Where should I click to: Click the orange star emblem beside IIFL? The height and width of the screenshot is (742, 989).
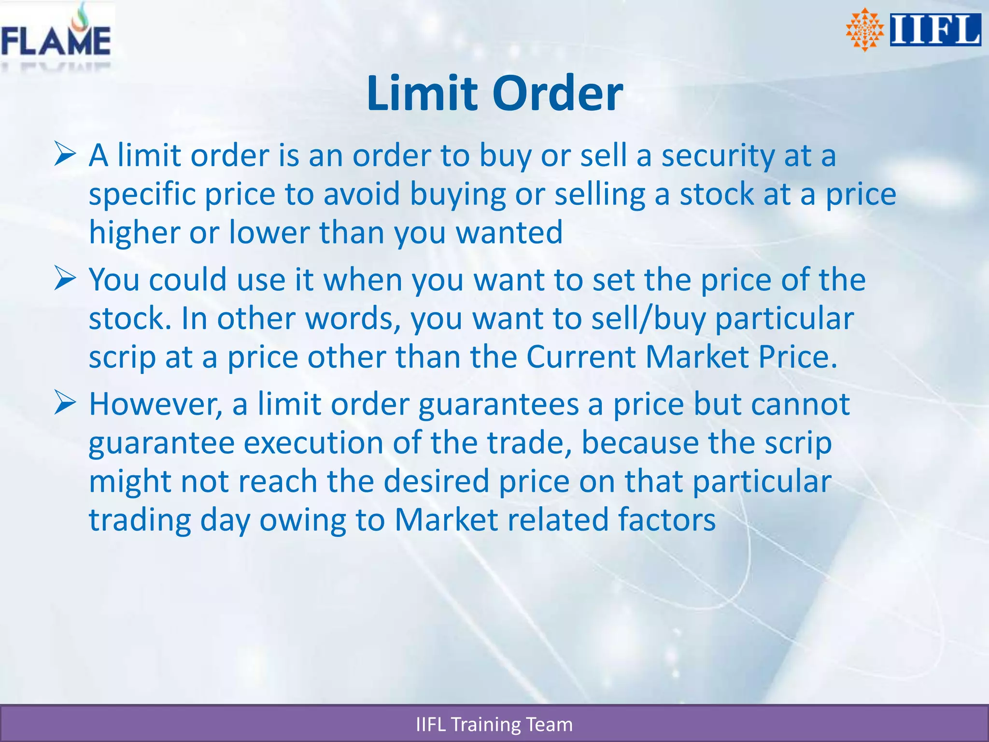pos(864,30)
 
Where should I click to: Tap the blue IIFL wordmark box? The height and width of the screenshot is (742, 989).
pos(935,30)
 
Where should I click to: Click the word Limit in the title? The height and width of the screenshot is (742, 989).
pos(424,93)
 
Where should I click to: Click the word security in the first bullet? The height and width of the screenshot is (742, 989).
pos(718,157)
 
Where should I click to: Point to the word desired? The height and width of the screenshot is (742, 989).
pos(437,482)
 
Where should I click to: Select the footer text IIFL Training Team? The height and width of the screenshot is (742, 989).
pos(494,725)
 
